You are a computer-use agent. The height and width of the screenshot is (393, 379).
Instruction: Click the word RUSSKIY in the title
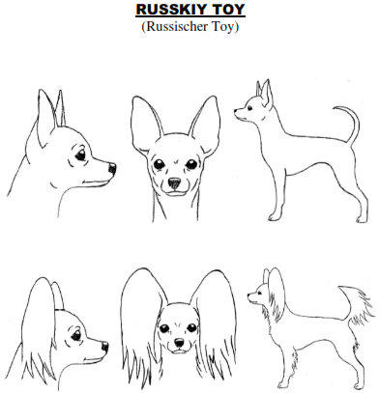tap(172, 10)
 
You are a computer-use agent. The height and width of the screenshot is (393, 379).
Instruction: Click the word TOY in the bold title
tap(228, 10)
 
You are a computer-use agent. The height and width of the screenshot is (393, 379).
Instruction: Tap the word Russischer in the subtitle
tap(177, 26)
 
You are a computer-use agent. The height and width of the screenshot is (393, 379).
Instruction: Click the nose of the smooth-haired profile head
tap(112, 168)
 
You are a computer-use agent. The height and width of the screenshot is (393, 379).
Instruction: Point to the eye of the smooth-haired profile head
tap(80, 155)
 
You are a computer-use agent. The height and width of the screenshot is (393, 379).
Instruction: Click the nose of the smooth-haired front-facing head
tap(174, 183)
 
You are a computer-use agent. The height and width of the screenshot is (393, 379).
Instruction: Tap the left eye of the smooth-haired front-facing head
tap(159, 164)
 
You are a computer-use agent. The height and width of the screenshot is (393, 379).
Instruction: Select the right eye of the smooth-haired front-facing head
tap(191, 164)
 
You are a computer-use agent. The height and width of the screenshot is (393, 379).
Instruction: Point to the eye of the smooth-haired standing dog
tap(249, 108)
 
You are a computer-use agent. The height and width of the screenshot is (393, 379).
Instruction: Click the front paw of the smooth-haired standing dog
tap(275, 217)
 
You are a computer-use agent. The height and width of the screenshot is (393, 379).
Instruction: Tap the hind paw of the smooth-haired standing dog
tap(362, 219)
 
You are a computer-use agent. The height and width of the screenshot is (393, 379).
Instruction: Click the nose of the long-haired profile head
tap(105, 347)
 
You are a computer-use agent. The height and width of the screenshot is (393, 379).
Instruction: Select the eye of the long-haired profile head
tap(76, 336)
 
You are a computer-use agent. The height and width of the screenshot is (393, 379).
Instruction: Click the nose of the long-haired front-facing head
tap(179, 343)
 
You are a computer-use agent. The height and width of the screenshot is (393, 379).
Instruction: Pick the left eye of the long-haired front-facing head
tap(164, 328)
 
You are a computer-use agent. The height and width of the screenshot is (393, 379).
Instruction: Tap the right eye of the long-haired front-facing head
tap(191, 328)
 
